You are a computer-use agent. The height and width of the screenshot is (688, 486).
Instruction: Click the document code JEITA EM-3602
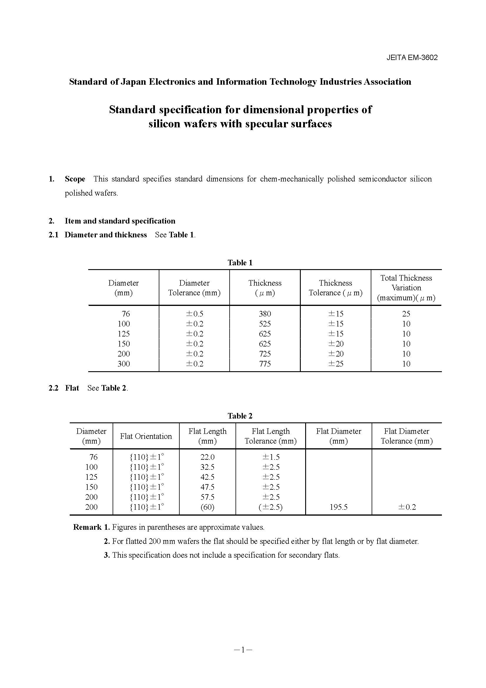point(412,58)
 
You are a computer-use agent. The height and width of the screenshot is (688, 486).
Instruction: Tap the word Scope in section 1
point(75,179)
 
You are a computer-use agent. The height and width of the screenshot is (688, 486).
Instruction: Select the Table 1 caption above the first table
point(240,263)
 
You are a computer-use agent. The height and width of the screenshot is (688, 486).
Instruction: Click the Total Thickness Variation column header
point(406,288)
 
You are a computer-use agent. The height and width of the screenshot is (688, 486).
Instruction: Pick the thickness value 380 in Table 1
point(265,314)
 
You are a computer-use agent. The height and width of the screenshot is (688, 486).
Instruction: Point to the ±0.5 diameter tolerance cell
point(194,314)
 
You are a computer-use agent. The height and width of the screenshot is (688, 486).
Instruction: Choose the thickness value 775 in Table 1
point(265,364)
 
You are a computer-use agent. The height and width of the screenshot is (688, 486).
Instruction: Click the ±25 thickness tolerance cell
point(335,364)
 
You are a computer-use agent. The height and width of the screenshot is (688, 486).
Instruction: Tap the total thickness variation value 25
point(406,314)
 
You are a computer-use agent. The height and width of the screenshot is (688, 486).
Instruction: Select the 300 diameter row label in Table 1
point(123,364)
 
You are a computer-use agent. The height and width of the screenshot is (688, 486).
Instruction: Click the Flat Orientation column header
point(146,436)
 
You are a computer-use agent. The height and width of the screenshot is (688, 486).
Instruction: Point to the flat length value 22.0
point(207,457)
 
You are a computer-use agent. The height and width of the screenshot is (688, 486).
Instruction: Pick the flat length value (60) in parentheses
point(207,507)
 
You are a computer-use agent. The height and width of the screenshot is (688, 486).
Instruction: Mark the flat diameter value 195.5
point(338,507)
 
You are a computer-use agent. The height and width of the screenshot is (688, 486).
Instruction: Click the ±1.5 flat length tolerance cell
point(271,457)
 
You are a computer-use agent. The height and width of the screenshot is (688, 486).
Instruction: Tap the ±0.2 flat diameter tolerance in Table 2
point(407,507)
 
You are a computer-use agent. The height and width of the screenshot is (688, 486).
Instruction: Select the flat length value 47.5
point(207,487)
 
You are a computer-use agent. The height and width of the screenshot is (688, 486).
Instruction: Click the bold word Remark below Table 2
point(87,527)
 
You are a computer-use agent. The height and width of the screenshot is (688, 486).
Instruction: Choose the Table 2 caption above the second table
point(240,416)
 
